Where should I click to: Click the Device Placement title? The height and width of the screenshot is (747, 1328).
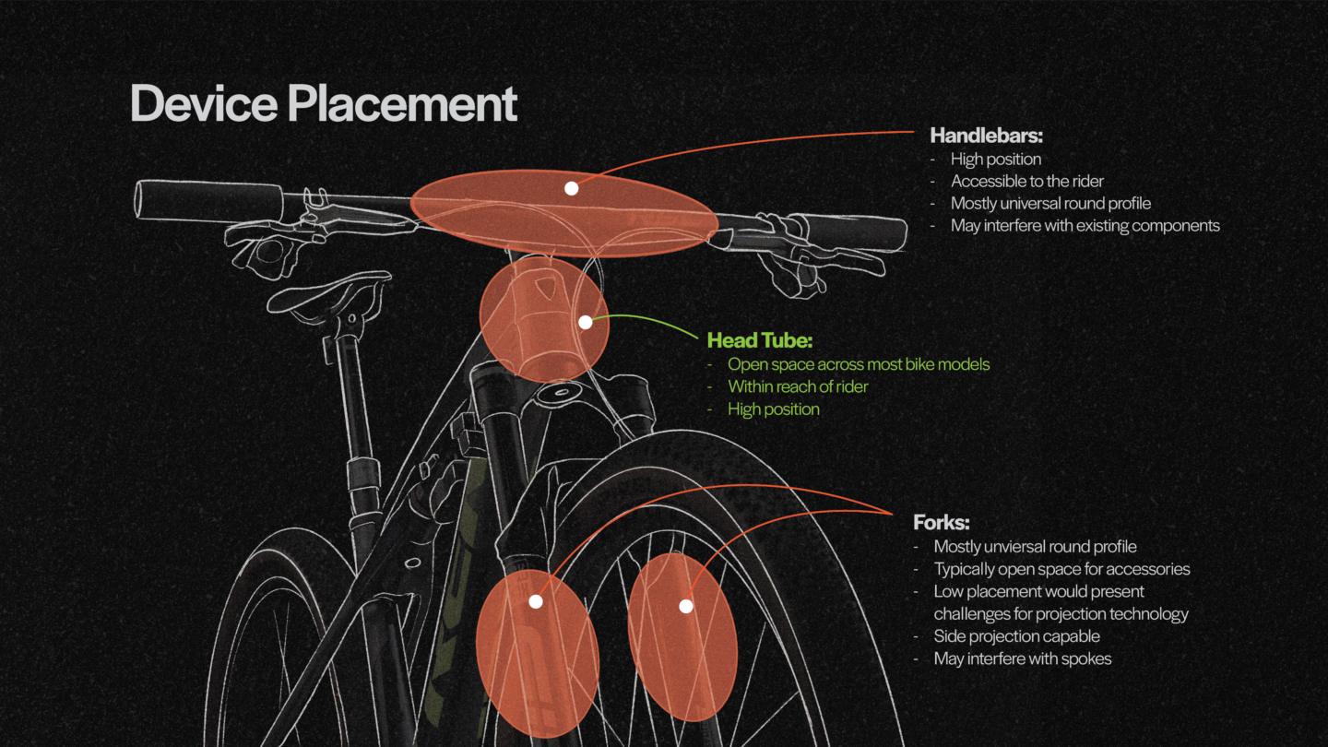[x=324, y=103]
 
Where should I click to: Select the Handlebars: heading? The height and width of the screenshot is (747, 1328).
[x=986, y=136]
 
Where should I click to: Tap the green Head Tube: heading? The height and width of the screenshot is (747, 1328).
[x=759, y=340]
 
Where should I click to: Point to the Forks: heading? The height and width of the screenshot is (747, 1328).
[x=941, y=523]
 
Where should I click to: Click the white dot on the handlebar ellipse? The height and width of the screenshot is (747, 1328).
[x=571, y=188]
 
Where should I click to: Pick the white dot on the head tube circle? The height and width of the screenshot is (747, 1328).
[x=585, y=323]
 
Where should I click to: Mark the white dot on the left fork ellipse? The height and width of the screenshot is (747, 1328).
[x=536, y=601]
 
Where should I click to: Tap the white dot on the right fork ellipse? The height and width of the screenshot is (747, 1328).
[x=685, y=606]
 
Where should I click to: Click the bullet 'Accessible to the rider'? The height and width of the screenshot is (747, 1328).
[x=1026, y=181]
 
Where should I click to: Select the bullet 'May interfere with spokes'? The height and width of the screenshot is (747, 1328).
[x=1022, y=658]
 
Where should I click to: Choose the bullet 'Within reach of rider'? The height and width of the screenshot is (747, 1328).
[x=798, y=386]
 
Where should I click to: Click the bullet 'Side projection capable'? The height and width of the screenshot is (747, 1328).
[x=1016, y=636]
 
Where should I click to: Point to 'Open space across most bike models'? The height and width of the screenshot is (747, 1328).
[x=858, y=364]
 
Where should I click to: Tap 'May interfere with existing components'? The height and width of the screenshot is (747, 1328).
[x=1085, y=225]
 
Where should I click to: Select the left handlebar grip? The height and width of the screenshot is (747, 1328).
[x=208, y=200]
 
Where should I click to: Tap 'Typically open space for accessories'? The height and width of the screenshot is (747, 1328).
[x=1061, y=569]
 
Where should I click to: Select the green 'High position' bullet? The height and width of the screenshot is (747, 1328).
[x=773, y=409]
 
